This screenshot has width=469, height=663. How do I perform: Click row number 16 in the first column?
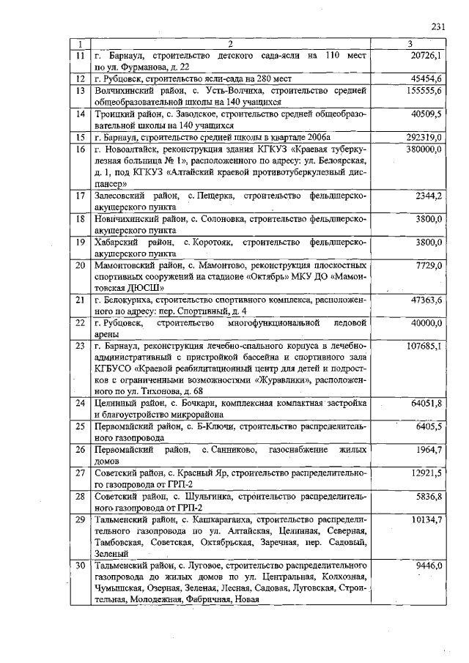coord(81,149)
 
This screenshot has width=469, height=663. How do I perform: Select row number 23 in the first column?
coord(81,347)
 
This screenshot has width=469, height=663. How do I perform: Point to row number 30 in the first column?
coord(81,566)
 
